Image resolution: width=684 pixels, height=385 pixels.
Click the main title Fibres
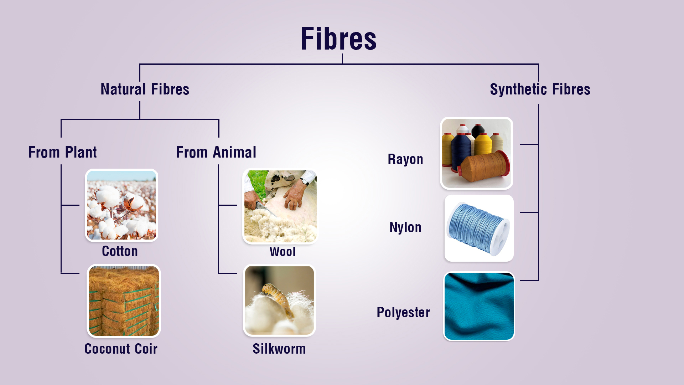tap(338, 38)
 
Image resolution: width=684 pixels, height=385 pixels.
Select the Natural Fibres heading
tap(145, 89)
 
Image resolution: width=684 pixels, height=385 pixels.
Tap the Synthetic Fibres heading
tap(540, 89)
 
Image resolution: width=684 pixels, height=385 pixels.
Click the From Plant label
tap(63, 152)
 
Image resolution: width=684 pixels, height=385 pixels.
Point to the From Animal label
tap(216, 152)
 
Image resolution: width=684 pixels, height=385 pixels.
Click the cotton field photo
tap(121, 205)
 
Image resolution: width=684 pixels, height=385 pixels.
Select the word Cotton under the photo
tap(120, 251)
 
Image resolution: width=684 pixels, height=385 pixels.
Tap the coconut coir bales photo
tap(124, 301)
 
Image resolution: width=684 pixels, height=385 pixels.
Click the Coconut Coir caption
tap(121, 349)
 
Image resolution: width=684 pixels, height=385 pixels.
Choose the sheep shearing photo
tap(280, 206)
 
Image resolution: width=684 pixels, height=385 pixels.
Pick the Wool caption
tap(283, 252)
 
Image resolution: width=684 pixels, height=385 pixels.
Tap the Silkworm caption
tap(279, 349)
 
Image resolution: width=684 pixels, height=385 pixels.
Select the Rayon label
tap(405, 159)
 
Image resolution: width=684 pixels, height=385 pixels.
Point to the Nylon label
tap(405, 227)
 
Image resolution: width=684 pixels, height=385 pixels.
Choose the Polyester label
tap(403, 312)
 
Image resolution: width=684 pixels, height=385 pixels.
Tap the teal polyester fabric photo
tap(479, 306)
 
